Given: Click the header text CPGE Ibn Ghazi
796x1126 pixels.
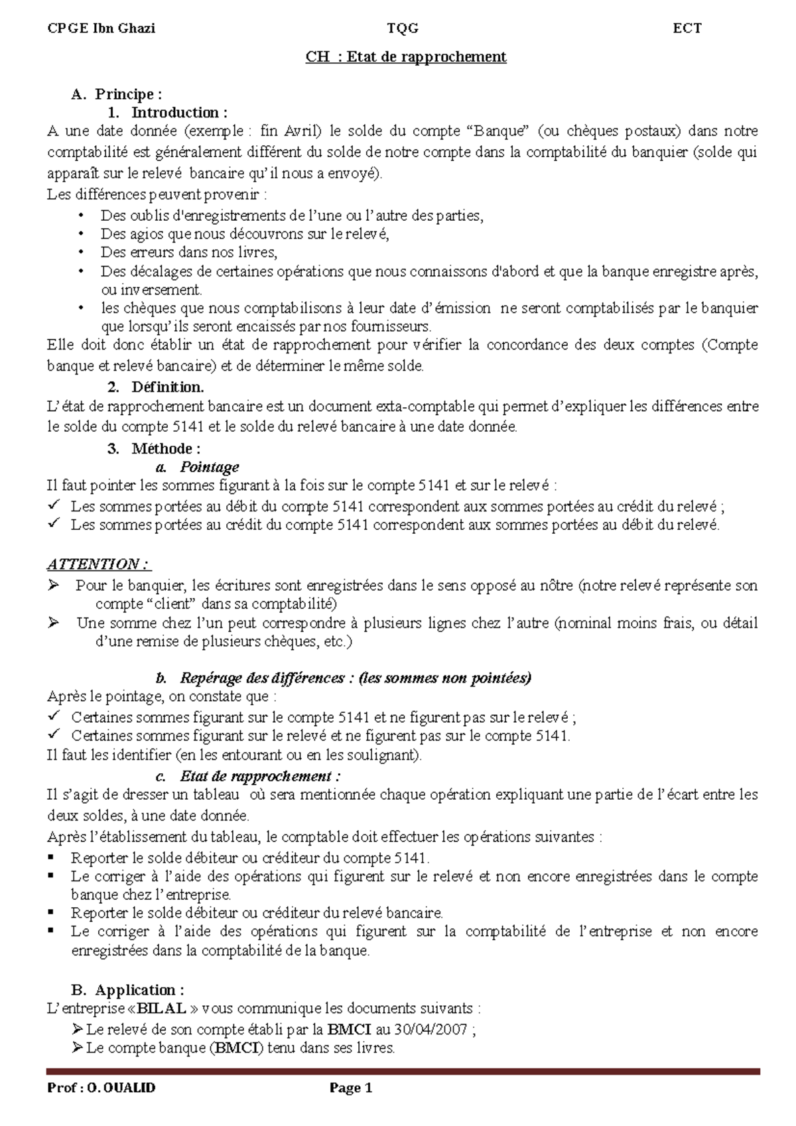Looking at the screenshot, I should pyautogui.click(x=101, y=28).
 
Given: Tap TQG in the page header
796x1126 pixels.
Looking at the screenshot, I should pyautogui.click(x=403, y=28).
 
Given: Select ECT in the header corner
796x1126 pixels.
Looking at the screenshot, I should pyautogui.click(x=687, y=28).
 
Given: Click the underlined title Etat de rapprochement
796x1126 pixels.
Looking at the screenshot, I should pyautogui.click(x=405, y=57).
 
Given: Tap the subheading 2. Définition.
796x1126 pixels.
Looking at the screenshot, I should pyautogui.click(x=156, y=387).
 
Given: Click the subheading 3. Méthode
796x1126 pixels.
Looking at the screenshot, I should pyautogui.click(x=154, y=448).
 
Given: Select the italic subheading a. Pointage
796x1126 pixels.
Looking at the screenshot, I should pyautogui.click(x=196, y=467).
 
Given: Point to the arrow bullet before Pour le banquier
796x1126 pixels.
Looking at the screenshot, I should pyautogui.click(x=54, y=586).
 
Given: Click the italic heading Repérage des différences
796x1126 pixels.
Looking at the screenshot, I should pyautogui.click(x=261, y=678).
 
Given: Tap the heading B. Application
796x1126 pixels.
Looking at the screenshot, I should pyautogui.click(x=128, y=990).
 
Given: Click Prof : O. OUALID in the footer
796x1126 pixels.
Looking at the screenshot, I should pyautogui.click(x=101, y=1088).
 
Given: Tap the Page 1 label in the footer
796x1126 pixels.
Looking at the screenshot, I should pyautogui.click(x=351, y=1088).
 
